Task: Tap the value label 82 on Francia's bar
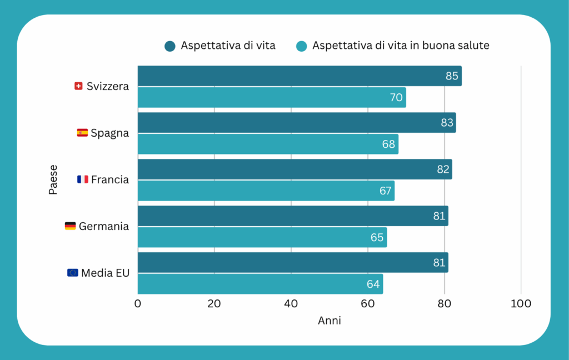click(443, 169)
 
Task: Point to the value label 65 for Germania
click(377, 238)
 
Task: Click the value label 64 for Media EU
click(373, 284)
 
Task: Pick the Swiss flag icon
click(78, 86)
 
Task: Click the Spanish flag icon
click(82, 133)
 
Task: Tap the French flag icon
click(83, 179)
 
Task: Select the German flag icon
click(70, 226)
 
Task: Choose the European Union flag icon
click(73, 273)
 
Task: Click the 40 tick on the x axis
click(291, 304)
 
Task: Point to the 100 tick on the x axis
click(521, 304)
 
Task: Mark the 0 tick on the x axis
click(138, 304)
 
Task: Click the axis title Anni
click(330, 321)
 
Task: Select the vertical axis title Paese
click(53, 179)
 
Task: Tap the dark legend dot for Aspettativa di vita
click(170, 46)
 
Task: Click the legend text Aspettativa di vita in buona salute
click(401, 46)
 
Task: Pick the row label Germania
click(104, 226)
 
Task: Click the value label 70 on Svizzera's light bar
click(396, 98)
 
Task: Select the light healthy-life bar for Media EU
click(260, 284)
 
